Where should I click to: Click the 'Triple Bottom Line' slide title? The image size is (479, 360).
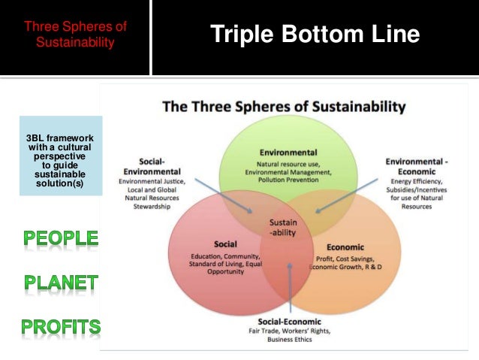(315, 35)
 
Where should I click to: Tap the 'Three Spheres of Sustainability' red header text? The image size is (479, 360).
(75, 35)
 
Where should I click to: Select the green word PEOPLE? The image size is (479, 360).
(60, 239)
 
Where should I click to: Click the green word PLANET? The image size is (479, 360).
(61, 283)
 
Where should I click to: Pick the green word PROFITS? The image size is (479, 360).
(60, 326)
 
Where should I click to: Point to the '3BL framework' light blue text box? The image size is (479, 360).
(61, 156)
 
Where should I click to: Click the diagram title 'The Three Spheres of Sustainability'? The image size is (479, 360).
(284, 107)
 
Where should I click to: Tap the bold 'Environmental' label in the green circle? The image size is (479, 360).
(288, 152)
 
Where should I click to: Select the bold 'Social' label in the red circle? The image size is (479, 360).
(225, 244)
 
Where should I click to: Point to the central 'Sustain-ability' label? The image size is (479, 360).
(283, 227)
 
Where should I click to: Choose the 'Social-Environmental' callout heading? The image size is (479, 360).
(163, 166)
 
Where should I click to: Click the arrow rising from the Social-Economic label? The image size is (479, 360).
(290, 289)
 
